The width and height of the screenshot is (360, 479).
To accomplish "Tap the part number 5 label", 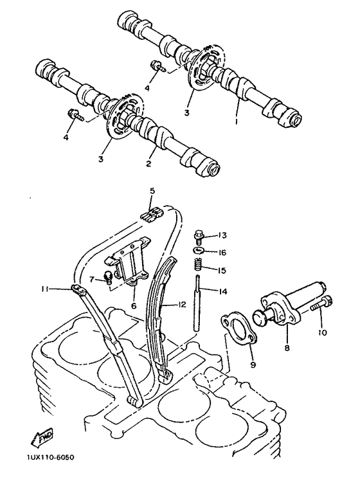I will pyautogui.click(x=152, y=191).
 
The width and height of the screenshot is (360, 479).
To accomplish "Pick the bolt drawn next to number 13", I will pyautogui.click(x=198, y=236).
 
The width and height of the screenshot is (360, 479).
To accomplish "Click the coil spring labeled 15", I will pyautogui.click(x=198, y=264).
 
